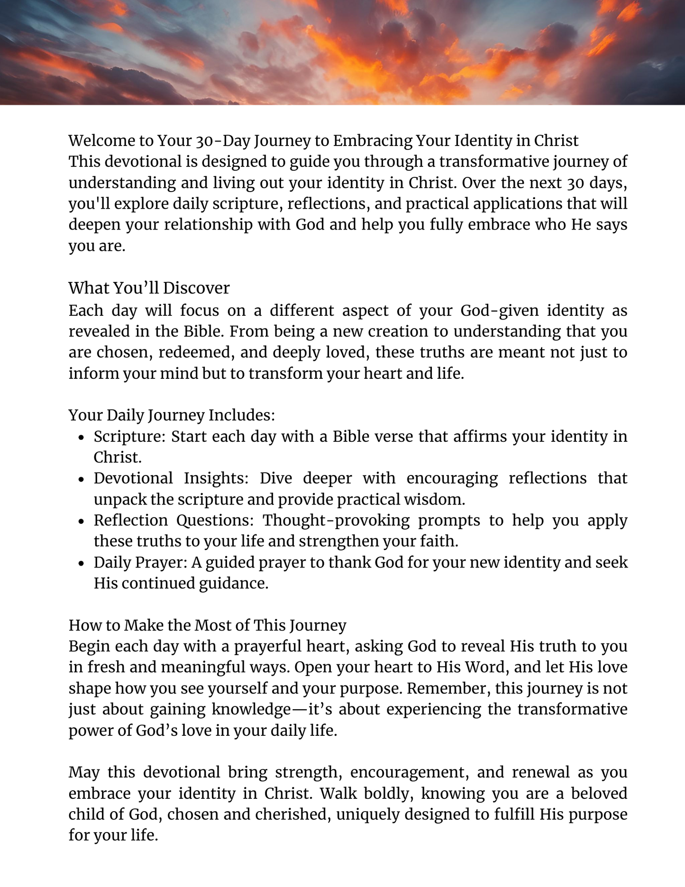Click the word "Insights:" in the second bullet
(216, 478)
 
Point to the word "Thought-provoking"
(336, 521)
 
